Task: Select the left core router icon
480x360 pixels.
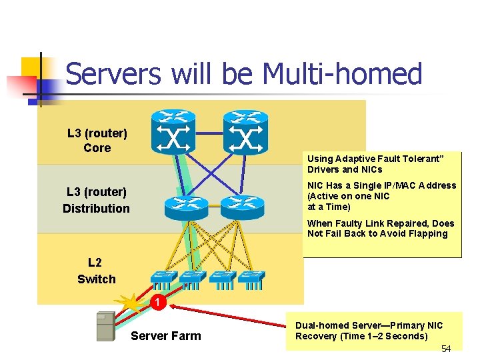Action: click(x=173, y=131)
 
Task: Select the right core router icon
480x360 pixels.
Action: click(x=245, y=131)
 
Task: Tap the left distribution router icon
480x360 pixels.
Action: click(x=187, y=208)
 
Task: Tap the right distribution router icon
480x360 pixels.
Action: click(x=242, y=208)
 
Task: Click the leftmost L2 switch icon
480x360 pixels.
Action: click(x=163, y=279)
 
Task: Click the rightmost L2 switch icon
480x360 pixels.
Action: click(x=251, y=279)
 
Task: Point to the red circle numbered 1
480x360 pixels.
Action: click(x=156, y=303)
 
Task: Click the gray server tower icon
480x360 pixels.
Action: click(x=105, y=327)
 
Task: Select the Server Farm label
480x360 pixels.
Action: click(x=165, y=336)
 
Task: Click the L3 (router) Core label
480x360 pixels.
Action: click(x=97, y=141)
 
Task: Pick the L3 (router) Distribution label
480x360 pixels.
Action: click(x=97, y=201)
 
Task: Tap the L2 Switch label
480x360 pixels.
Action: click(x=97, y=271)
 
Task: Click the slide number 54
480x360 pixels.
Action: click(x=446, y=349)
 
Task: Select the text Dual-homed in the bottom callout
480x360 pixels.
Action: click(x=322, y=326)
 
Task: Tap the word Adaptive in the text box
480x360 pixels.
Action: click(x=351, y=159)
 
